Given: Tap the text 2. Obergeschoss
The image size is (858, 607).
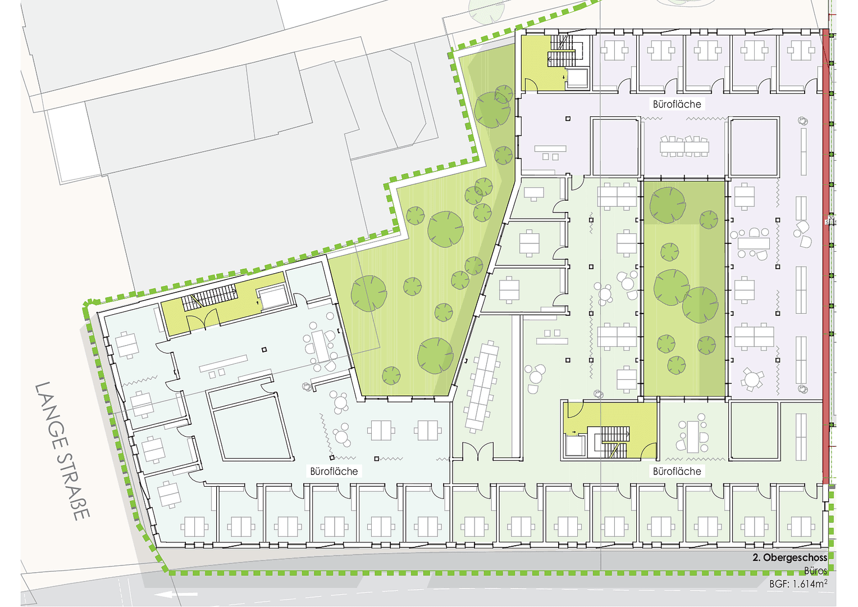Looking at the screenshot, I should [789, 558].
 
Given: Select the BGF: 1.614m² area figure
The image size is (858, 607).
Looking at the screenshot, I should [798, 584].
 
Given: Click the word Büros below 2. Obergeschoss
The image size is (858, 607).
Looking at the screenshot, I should [815, 571].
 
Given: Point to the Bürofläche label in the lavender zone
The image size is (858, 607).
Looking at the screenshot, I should [677, 104].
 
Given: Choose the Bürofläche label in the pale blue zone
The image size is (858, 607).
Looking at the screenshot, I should [334, 471].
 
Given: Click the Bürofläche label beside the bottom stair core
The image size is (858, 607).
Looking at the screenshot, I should [677, 471].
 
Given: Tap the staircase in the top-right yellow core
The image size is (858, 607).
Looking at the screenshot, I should [562, 51].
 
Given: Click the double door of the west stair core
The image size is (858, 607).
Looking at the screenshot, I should [202, 321].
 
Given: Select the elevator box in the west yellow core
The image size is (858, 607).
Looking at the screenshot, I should [273, 297].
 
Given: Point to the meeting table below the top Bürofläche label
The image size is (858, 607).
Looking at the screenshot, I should [684, 146].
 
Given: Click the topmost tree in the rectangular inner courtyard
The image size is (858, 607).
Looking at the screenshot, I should [668, 205].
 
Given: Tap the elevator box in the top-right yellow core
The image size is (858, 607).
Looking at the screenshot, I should [577, 78].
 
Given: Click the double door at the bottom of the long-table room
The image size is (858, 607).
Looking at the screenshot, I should [477, 451].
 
